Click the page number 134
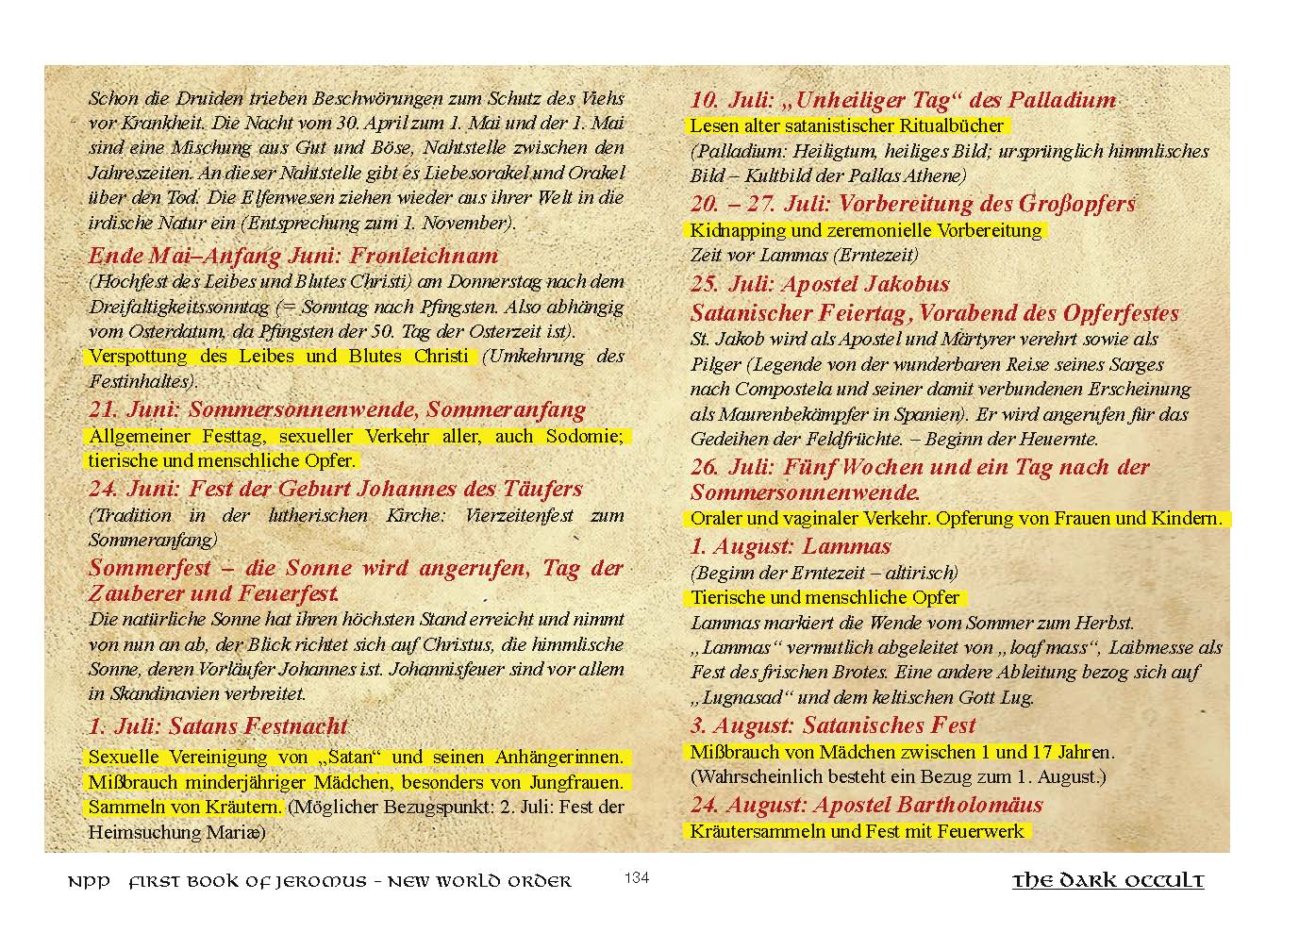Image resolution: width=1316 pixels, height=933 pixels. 637,878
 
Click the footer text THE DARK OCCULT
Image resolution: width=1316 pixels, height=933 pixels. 1108,881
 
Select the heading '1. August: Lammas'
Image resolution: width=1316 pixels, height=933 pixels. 791,546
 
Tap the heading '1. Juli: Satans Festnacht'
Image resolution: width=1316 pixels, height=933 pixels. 218,726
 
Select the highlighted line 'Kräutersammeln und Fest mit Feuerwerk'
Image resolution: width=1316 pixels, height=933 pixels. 857,831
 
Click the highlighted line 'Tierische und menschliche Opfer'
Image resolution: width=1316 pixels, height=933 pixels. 825,597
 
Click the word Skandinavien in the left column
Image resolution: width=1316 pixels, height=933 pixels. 157,693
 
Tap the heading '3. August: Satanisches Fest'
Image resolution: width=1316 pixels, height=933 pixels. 833,725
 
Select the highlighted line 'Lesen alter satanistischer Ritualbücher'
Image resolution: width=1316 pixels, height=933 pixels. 847,125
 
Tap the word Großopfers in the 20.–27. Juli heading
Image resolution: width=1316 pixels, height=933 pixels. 1077,204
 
